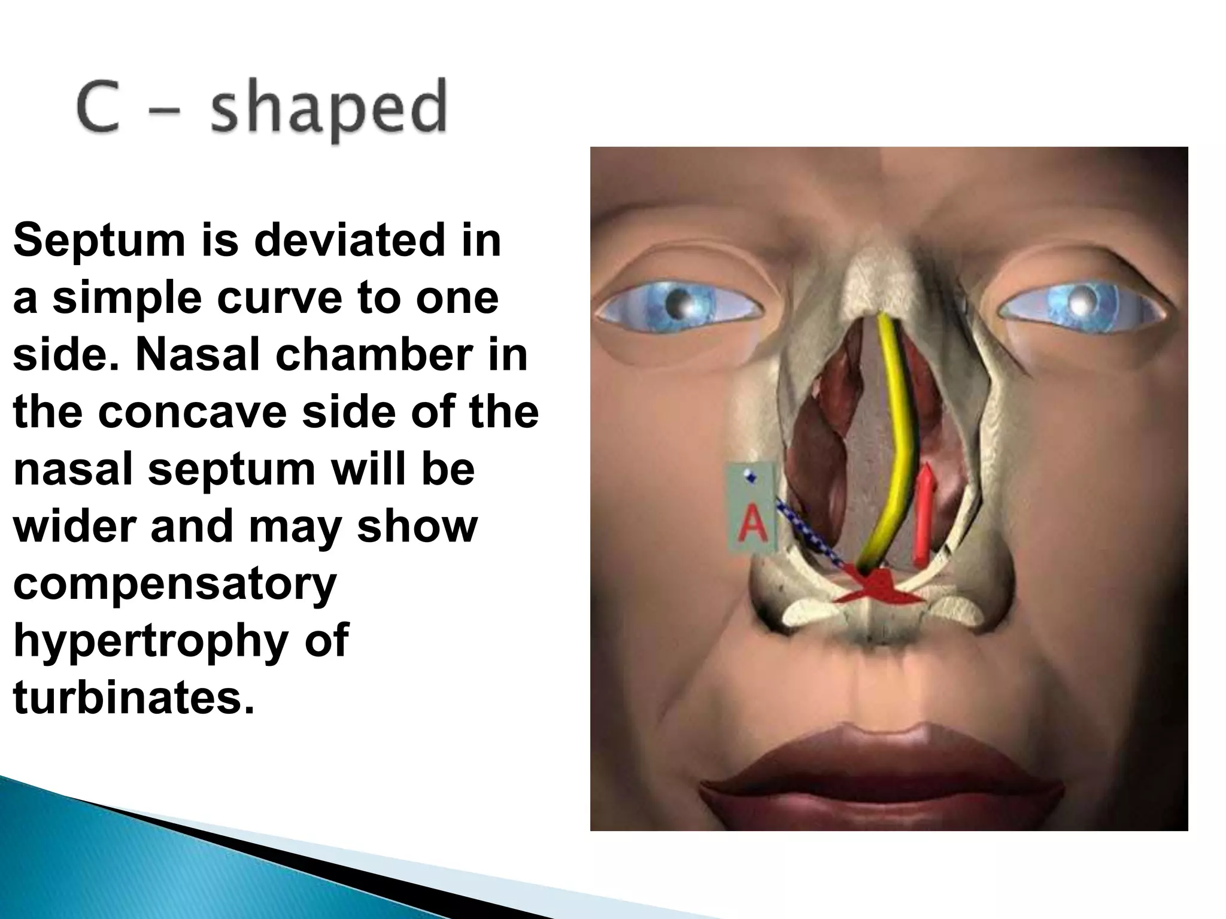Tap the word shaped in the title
point(329,111)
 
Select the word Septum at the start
point(99,241)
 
